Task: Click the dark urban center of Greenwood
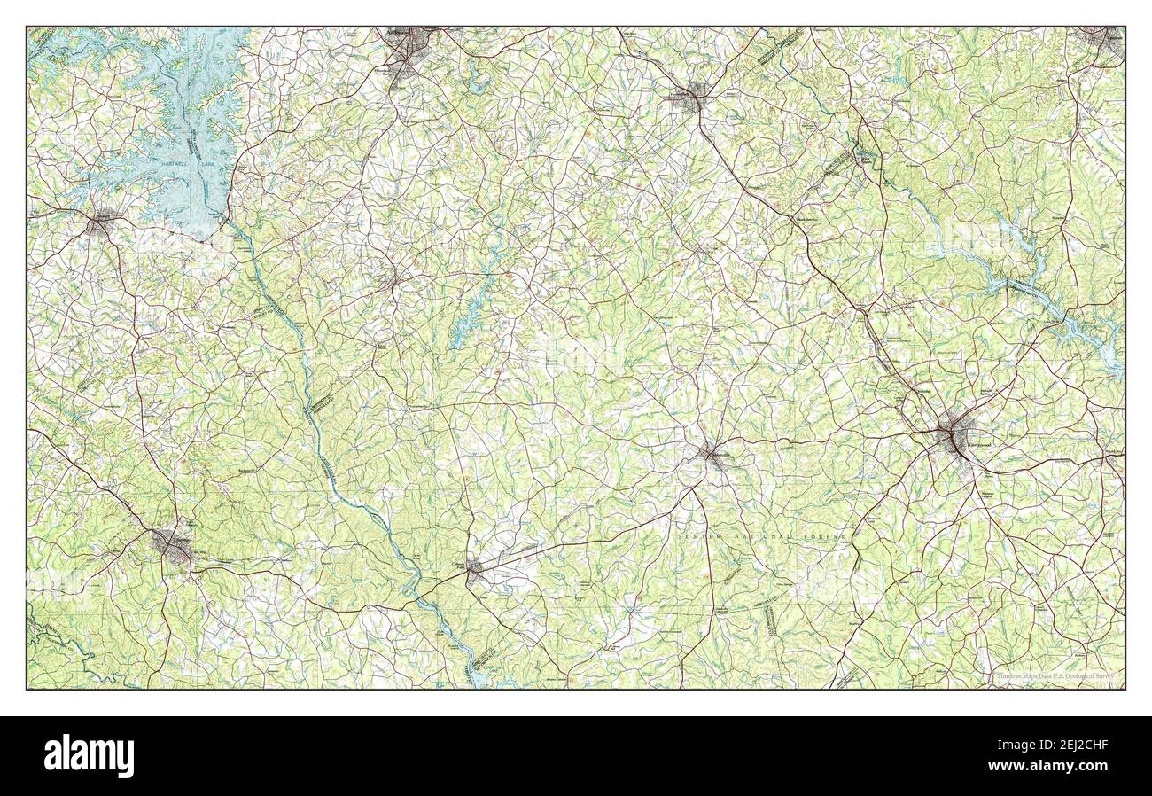coord(955,436)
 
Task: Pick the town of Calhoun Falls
coord(476,568)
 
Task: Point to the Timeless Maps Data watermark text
coord(1055,678)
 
